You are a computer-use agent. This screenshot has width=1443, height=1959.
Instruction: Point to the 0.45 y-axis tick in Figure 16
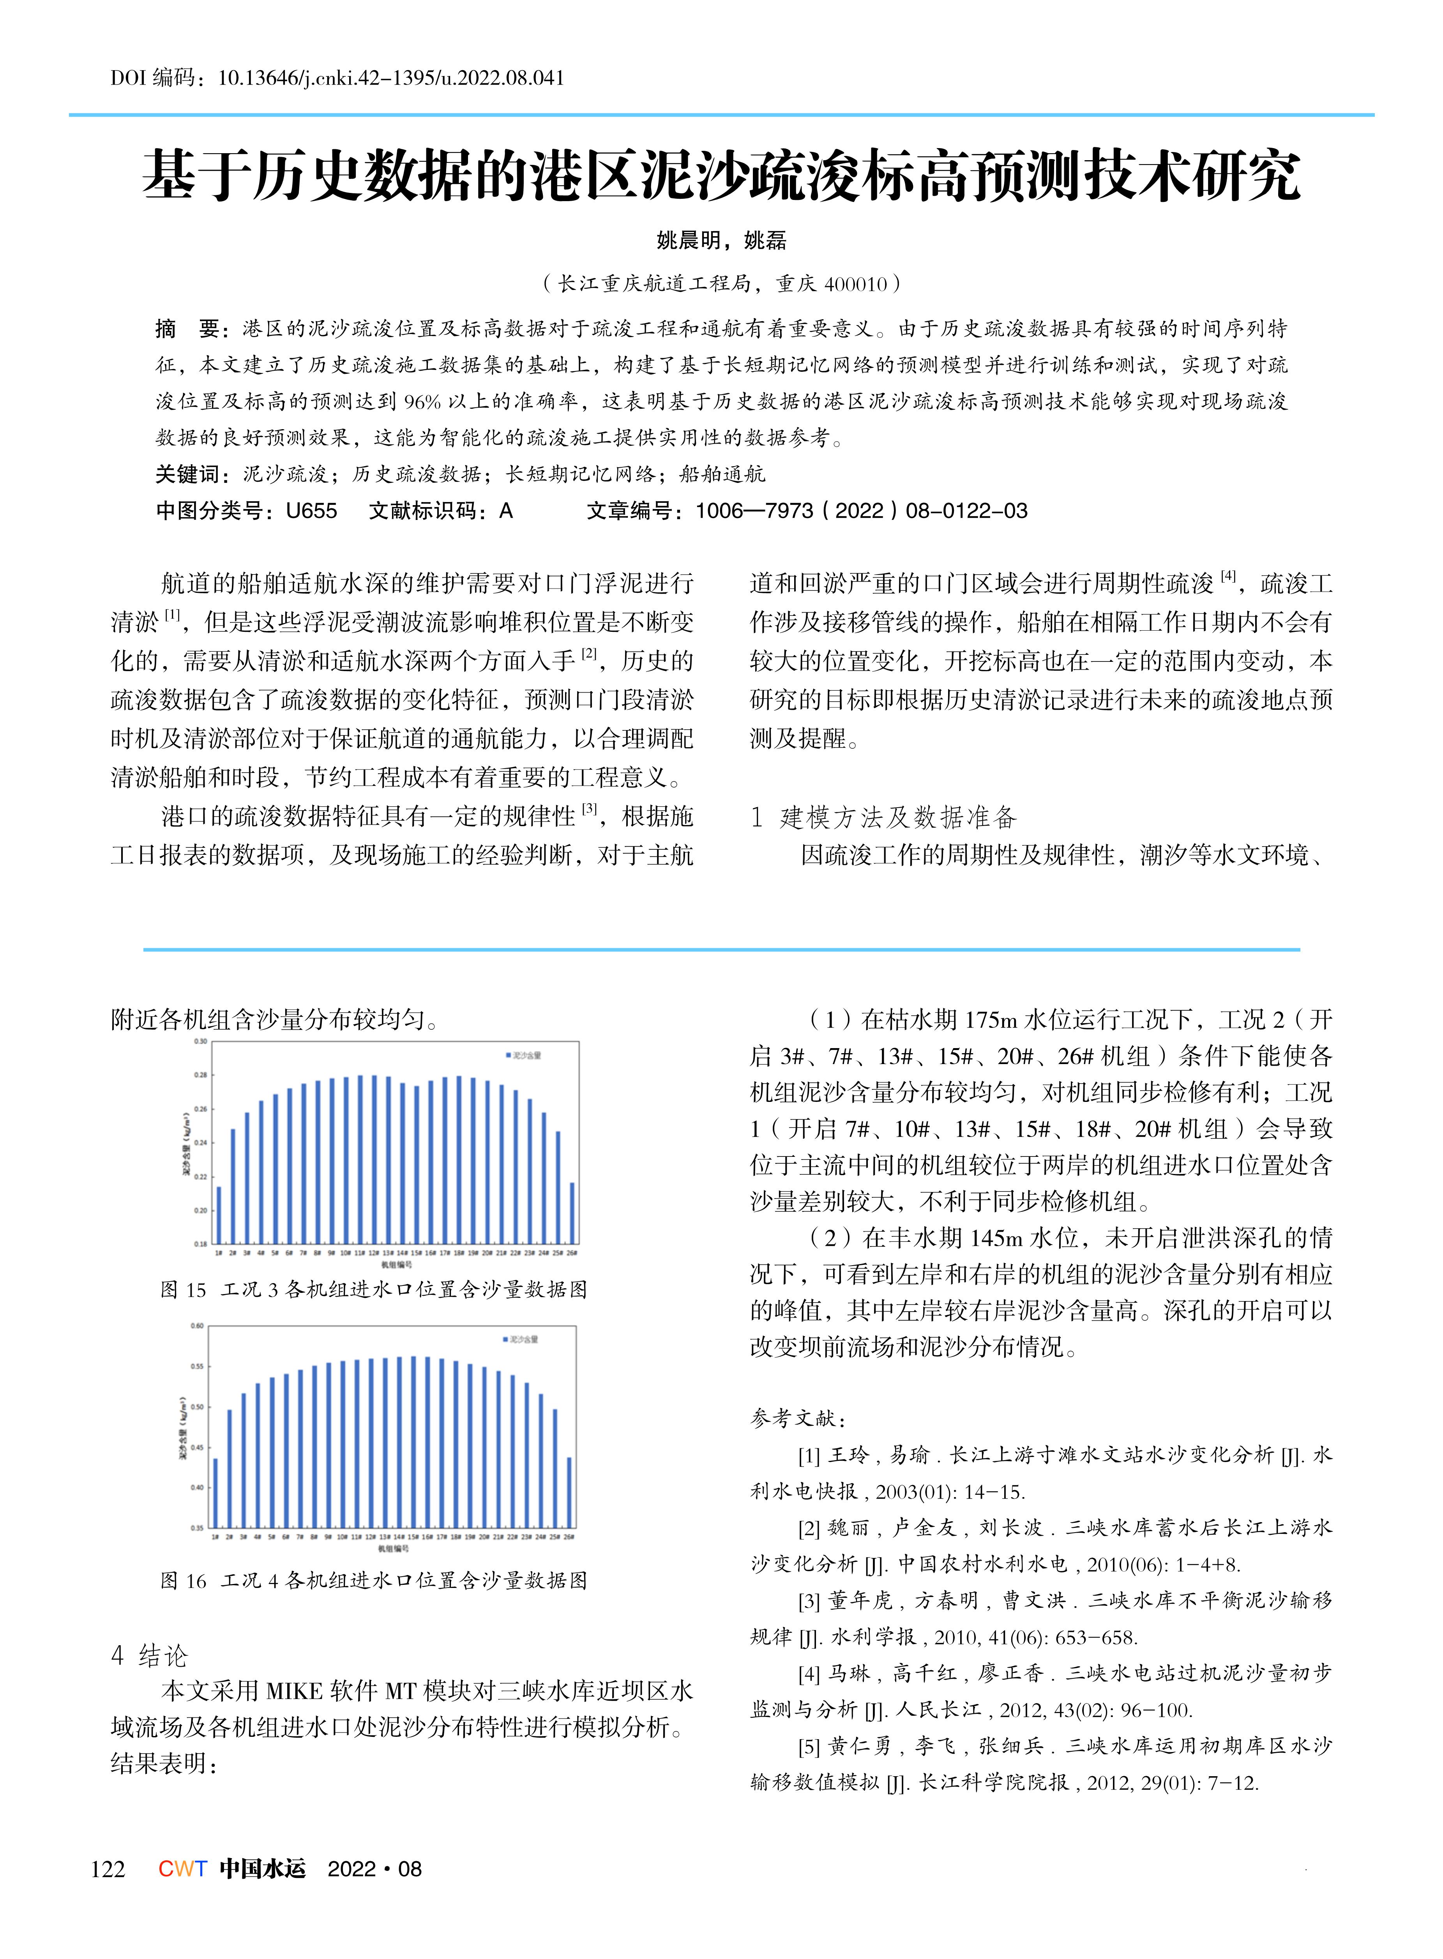(198, 1448)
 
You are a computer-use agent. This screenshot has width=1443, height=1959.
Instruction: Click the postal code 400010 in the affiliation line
(856, 284)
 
